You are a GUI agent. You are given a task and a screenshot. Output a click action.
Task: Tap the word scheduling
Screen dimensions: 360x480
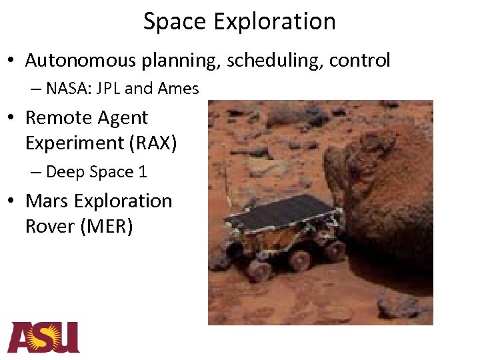(x=274, y=61)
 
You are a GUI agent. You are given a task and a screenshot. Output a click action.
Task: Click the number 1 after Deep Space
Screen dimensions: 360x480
(x=142, y=172)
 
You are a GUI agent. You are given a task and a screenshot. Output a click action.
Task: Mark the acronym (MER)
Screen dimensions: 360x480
(x=107, y=227)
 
